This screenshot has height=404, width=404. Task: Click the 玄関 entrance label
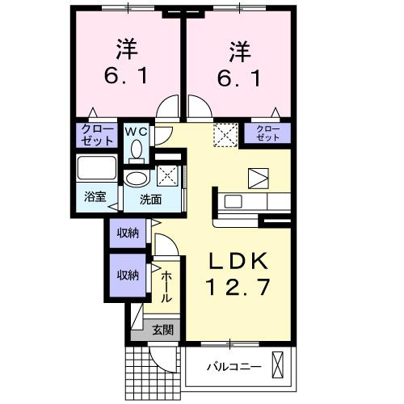point(162,330)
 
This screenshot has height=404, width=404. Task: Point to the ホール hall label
point(166,286)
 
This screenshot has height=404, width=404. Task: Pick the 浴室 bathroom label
point(95,196)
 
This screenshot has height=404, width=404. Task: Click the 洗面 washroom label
point(150,199)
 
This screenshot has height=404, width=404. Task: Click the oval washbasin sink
point(136,178)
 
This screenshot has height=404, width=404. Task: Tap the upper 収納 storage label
point(128,234)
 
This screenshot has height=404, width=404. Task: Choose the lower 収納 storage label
point(128,275)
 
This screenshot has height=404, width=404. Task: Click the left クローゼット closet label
point(96,134)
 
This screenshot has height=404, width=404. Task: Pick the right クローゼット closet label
point(269,133)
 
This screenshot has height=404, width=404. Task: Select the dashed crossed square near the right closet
point(223,133)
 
